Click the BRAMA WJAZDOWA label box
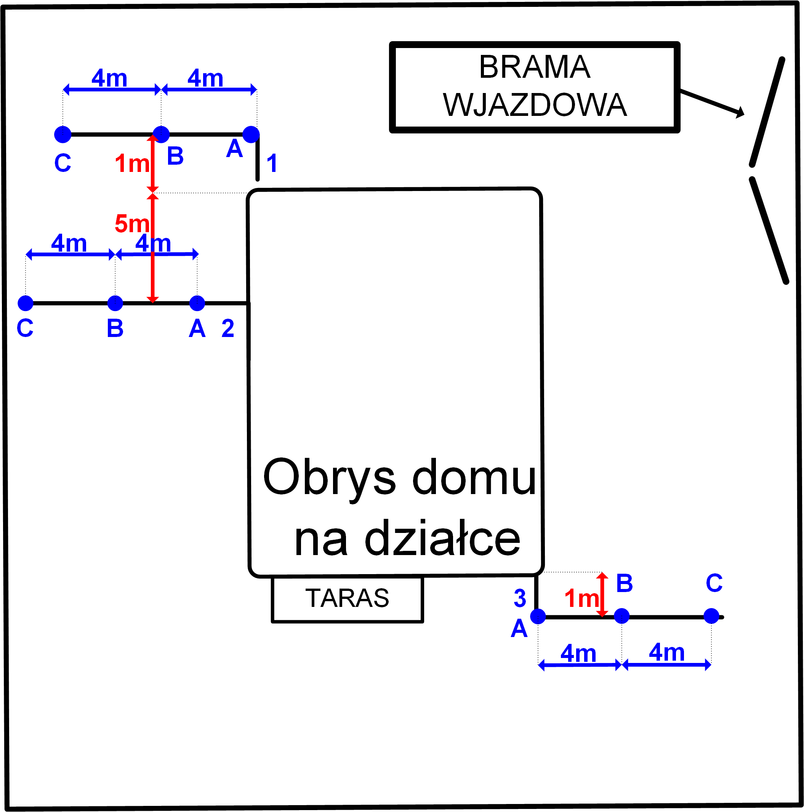[534, 87]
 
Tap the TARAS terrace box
[348, 599]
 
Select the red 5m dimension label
[132, 224]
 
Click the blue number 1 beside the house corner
[272, 163]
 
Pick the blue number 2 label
[228, 328]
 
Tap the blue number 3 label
[520, 599]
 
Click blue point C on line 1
[63, 135]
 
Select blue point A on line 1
[251, 135]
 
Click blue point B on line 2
[115, 303]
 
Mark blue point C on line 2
[26, 303]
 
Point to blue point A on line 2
[197, 303]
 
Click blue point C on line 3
[711, 616]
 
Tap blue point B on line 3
[622, 616]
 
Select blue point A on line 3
[538, 616]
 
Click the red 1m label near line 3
[581, 599]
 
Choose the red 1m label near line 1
[132, 164]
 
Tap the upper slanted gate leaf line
[767, 111]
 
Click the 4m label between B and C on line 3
[667, 652]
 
